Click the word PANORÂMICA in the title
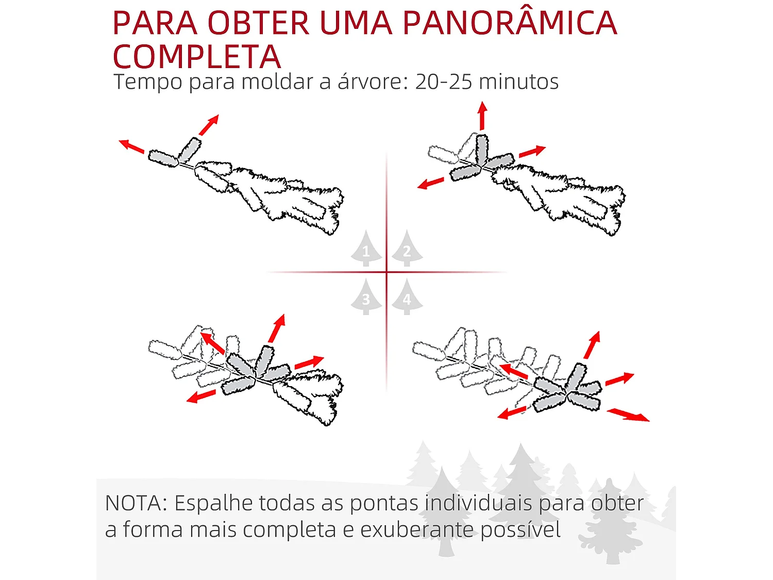coord(509,23)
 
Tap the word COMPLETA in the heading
coord(197,57)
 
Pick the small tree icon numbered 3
coord(366,297)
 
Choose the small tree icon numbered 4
coord(407,297)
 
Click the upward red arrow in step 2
coord(482,116)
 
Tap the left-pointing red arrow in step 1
coord(132,146)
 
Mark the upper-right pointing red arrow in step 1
coord(209,125)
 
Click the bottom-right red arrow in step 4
coord(628,415)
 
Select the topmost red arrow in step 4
coord(592,345)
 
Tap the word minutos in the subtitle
coord(519,81)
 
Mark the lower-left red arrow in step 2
coord(431,183)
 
